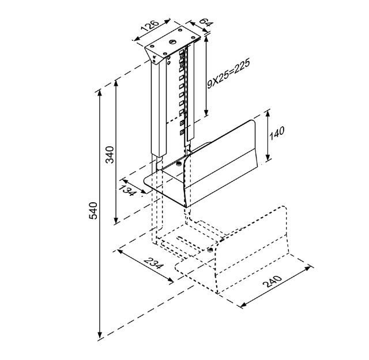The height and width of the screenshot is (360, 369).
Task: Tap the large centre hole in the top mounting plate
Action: coord(171,41)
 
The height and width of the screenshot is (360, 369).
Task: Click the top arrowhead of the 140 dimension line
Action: coord(269,111)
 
